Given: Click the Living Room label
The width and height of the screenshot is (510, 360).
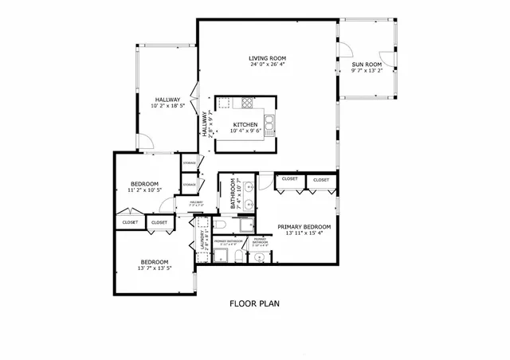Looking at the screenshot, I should [266, 58].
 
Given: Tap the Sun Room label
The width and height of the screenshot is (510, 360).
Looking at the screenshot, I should [367, 65].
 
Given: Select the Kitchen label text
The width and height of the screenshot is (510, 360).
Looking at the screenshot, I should [245, 125].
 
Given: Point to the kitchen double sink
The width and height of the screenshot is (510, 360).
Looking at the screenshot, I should [271, 123].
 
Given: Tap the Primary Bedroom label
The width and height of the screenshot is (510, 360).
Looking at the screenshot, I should [304, 227].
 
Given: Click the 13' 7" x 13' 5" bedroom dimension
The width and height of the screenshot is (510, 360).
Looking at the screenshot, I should [155, 268].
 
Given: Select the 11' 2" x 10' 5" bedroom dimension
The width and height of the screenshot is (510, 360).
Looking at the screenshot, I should [144, 190].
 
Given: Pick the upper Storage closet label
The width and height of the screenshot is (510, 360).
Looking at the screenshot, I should [189, 162].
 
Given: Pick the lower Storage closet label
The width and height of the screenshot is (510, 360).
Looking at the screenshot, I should [189, 185].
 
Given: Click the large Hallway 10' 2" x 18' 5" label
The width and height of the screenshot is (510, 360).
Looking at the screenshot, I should [167, 99].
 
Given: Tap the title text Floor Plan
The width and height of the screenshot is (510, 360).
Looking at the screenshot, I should [254, 303].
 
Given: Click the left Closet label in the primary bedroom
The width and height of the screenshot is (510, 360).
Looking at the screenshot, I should [289, 179].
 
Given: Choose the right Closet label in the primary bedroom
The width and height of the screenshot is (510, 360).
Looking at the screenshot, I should [320, 180].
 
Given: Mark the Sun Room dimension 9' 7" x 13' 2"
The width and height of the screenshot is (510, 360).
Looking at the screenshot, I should [367, 71].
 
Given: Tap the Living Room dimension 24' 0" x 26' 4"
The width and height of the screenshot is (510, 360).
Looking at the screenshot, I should [266, 65].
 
